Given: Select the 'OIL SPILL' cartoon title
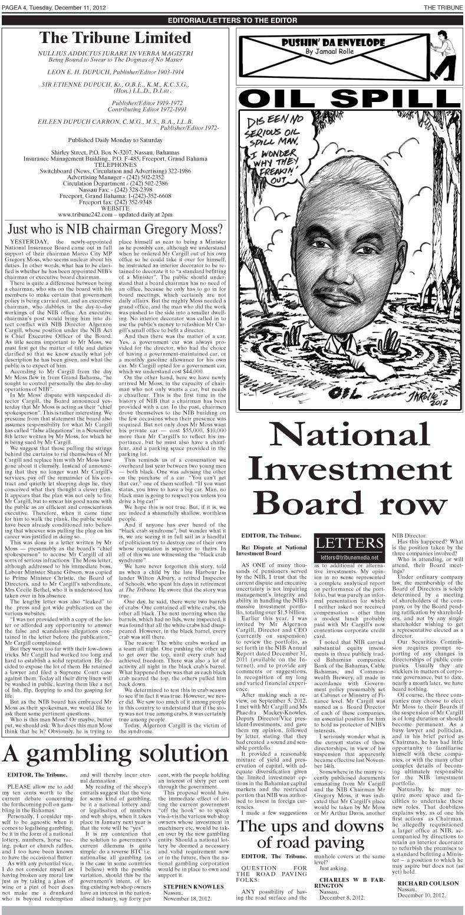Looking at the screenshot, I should tap(349, 98).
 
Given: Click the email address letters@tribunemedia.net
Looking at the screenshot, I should tap(348, 557).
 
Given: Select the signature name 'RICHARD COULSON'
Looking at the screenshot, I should tap(427, 883).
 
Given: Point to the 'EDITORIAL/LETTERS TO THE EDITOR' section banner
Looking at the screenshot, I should tap(232, 20).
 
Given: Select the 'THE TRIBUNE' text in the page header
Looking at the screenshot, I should tap(443, 6).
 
